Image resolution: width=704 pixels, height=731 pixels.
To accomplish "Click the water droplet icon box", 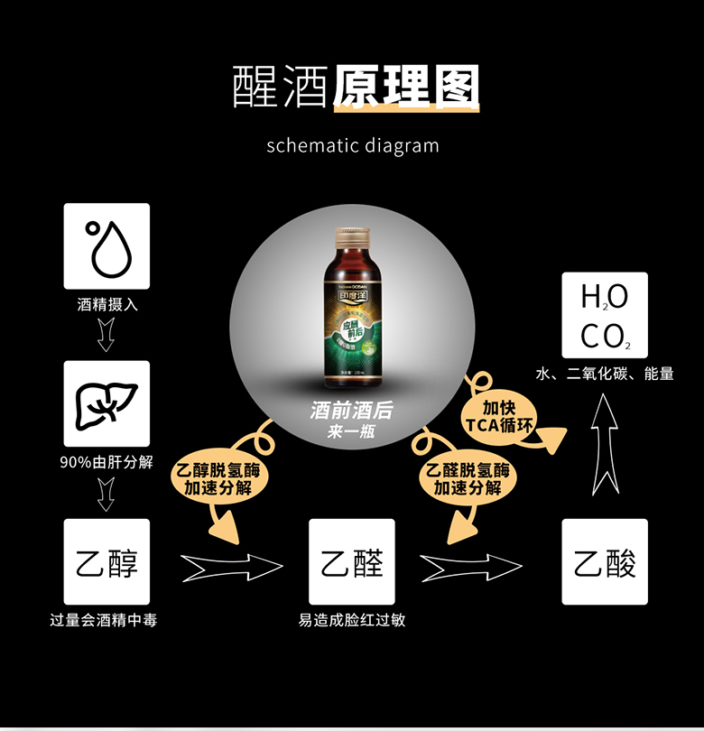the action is coord(107,245).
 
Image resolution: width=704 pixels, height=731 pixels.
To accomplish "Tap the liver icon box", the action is coord(107,403).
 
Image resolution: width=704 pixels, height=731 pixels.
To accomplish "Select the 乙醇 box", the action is coord(107,561).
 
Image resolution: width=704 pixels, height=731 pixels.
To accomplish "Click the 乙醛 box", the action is coord(352,561).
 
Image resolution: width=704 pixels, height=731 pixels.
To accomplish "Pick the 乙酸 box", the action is coord(605,561).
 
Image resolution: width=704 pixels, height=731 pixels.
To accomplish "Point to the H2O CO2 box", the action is coord(605,314).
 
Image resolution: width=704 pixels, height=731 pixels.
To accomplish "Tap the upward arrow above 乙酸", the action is coord(605,446).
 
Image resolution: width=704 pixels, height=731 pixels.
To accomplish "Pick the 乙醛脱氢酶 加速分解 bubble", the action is coord(467,479).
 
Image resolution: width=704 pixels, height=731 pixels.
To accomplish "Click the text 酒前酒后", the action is coord(352,411).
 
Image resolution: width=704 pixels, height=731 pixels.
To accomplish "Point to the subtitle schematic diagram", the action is coord(353,145).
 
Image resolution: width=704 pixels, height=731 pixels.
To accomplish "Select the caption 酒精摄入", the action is coord(107,305).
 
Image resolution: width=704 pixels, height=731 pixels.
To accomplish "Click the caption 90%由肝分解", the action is coord(107,463).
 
